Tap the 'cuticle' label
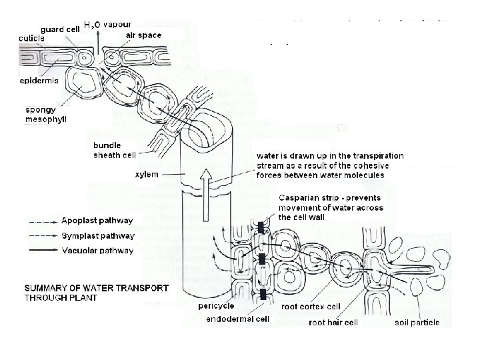pyautogui.click(x=31, y=38)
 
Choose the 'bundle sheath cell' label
pyautogui.click(x=114, y=151)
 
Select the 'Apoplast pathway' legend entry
pyautogui.click(x=97, y=221)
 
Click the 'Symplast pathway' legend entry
pyautogui.click(x=98, y=235)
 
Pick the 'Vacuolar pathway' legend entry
pyautogui.click(x=97, y=251)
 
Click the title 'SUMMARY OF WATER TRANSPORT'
pyautogui.click(x=97, y=289)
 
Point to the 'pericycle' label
pyautogui.click(x=215, y=306)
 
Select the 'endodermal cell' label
pyautogui.click(x=237, y=319)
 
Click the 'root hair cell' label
pyautogui.click(x=333, y=323)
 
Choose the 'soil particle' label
pyautogui.click(x=417, y=323)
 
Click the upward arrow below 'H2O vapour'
pyautogui.click(x=98, y=43)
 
